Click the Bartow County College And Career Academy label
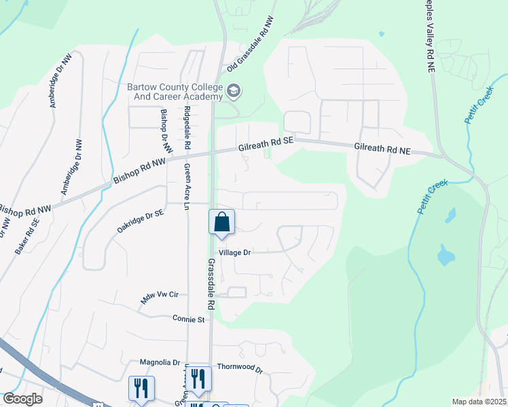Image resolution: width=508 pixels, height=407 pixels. pos(175,92)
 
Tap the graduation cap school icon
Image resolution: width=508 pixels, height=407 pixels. pos(234,90)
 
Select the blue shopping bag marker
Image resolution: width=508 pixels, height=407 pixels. pos(221,222)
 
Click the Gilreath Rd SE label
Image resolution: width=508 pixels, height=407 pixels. pos(266,143)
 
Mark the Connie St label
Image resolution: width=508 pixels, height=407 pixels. pos(188,318)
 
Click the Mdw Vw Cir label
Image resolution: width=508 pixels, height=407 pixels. pos(159,296)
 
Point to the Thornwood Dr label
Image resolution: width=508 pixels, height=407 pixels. pos(239,367)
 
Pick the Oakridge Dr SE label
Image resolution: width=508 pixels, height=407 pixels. pos(140,222)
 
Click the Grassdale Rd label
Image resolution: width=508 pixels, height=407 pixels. pos(211,284)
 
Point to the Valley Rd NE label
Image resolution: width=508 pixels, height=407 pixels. pos(431,35)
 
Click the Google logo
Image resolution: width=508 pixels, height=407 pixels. pos(22,399)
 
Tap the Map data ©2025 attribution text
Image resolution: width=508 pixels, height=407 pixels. pos(478,402)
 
